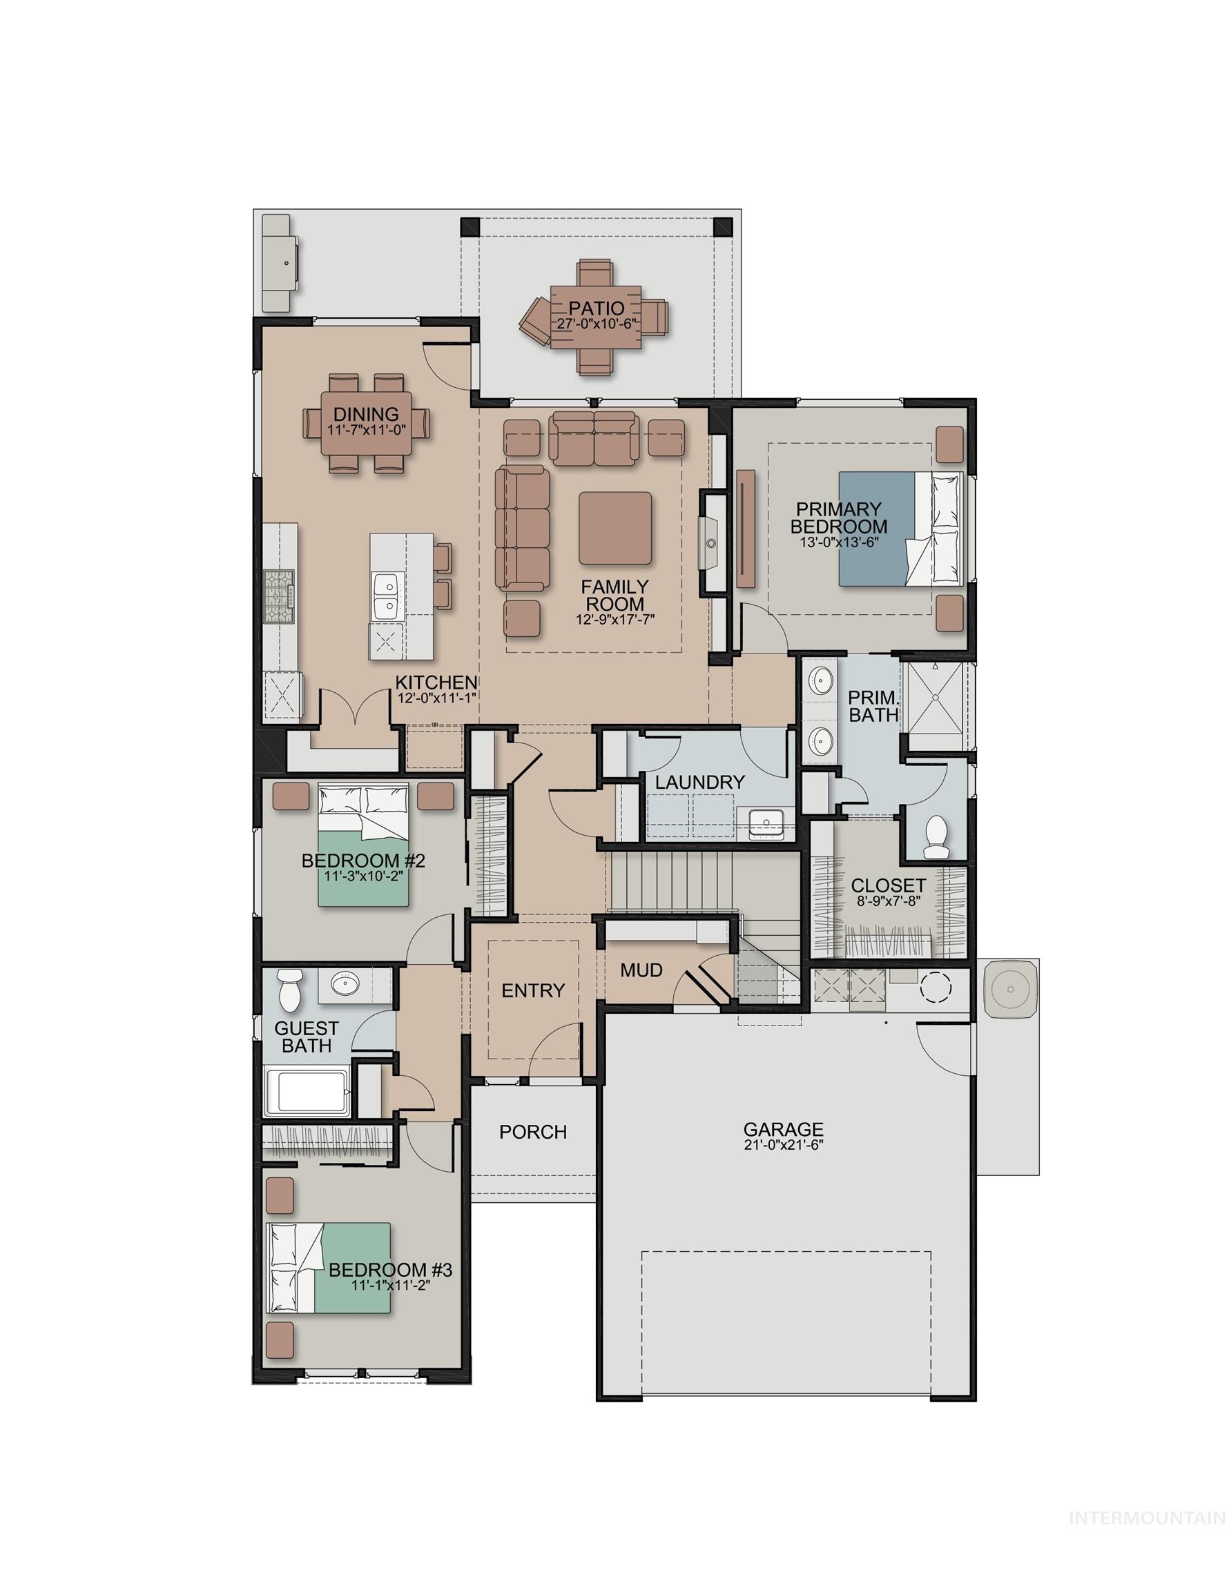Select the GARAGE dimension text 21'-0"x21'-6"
[x=783, y=1143]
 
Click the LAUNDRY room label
[x=699, y=783]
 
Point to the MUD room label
[x=641, y=970]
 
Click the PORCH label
[x=532, y=1131]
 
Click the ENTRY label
[x=532, y=990]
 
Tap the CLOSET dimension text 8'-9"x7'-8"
[x=887, y=900]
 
